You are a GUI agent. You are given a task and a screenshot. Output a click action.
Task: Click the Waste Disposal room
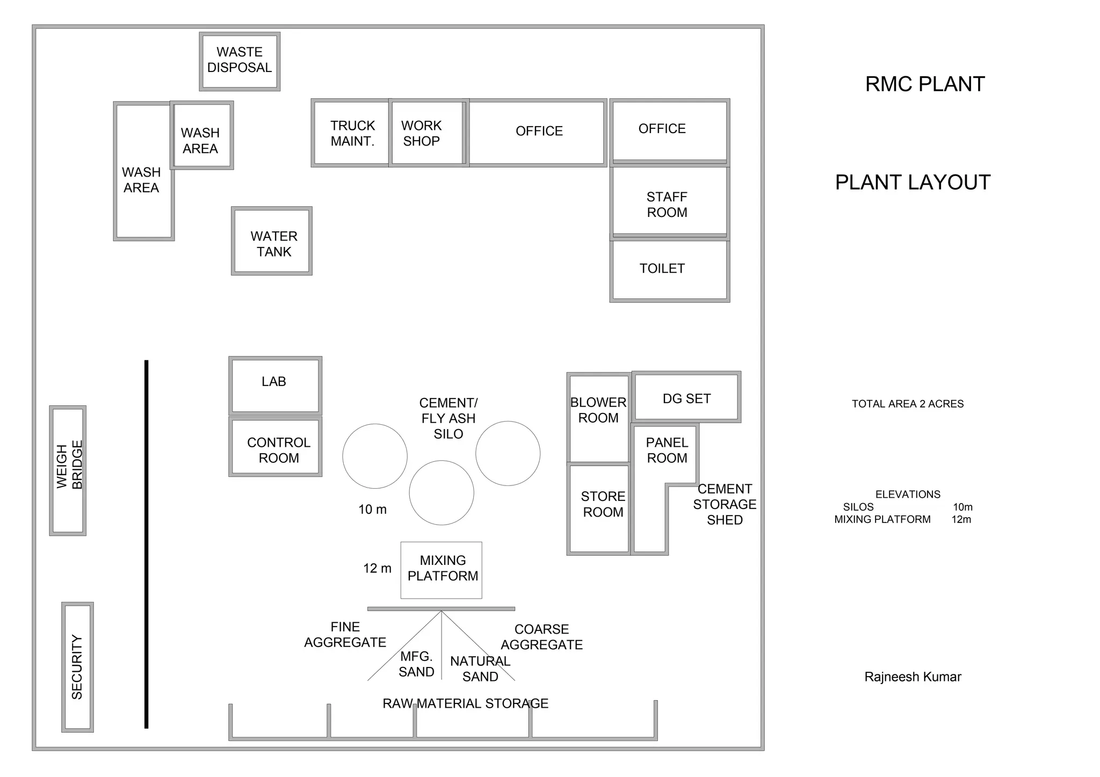(240, 61)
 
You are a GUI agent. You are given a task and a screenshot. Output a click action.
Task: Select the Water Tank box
(272, 241)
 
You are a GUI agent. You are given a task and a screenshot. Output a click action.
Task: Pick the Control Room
(276, 447)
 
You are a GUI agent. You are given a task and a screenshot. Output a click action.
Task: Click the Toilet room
(669, 270)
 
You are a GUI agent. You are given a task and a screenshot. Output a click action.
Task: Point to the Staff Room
(669, 201)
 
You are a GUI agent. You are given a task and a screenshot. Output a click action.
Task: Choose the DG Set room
(686, 397)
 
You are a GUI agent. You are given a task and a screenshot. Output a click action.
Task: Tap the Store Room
(599, 508)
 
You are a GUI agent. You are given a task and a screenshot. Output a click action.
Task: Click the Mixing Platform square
(442, 570)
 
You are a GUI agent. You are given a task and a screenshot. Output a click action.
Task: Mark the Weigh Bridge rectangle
(68, 470)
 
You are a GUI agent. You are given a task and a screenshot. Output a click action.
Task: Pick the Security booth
(78, 667)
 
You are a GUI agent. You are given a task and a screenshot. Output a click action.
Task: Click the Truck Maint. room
(351, 133)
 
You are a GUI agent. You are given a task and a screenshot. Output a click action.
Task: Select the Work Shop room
(426, 133)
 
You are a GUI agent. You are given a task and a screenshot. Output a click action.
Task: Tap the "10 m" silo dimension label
(372, 510)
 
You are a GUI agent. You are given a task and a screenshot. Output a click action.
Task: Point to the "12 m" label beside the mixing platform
(377, 569)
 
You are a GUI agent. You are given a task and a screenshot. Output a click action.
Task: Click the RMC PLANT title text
(925, 84)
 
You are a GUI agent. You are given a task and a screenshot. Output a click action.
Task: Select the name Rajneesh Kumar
(913, 677)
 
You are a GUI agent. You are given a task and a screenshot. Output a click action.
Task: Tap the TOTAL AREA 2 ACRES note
(908, 404)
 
